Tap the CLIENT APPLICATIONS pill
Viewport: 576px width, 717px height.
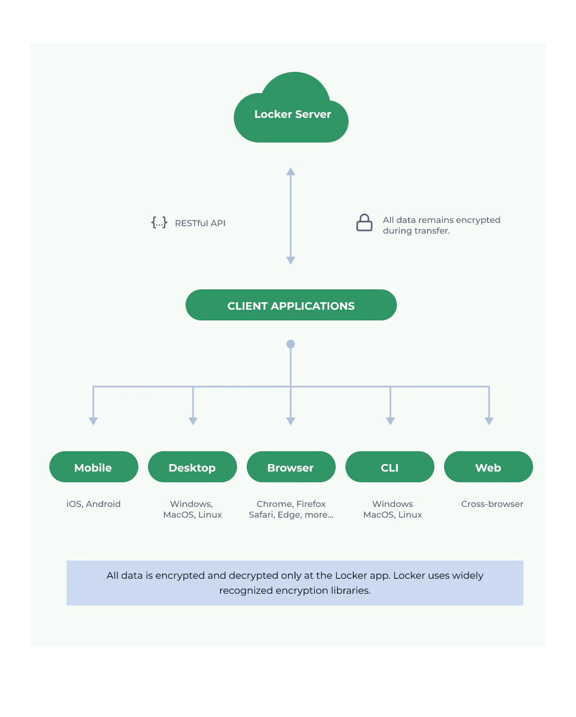(291, 305)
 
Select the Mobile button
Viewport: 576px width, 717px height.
(93, 467)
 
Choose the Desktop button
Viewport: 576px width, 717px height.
(192, 467)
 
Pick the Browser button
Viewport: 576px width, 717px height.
(291, 467)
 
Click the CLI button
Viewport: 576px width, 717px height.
(389, 467)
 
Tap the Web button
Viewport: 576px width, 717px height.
(488, 467)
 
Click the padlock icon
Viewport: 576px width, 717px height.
(364, 223)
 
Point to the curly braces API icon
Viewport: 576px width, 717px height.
(159, 222)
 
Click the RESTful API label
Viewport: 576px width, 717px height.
(200, 223)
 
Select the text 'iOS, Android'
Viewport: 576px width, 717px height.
(93, 504)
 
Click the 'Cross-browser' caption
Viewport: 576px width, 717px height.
(492, 504)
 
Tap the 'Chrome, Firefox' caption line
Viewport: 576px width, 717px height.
(291, 504)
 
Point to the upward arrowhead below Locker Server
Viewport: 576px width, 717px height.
(291, 171)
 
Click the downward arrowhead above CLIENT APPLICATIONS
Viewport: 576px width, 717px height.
(291, 260)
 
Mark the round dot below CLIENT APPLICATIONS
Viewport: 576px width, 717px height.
(291, 344)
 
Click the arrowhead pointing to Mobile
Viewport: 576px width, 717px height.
(93, 421)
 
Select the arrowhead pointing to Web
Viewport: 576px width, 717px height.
(489, 421)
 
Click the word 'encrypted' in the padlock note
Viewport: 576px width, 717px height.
(475, 220)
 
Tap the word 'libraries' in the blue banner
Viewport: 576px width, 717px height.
(349, 591)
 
